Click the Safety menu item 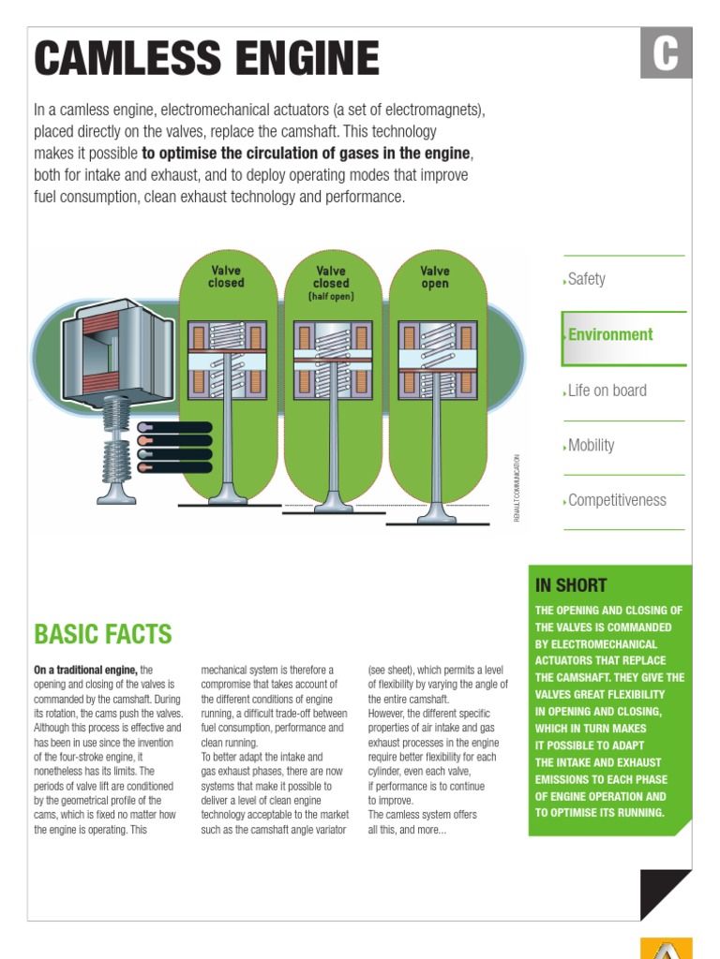tap(587, 279)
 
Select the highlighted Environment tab tap(610, 334)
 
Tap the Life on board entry tap(607, 391)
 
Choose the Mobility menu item tap(591, 445)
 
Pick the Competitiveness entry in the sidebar tap(617, 500)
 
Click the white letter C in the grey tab tap(666, 53)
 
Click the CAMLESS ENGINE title tap(207, 59)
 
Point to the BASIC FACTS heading tap(103, 634)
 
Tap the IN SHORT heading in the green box tap(571, 585)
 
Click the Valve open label tap(434, 277)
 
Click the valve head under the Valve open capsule tap(436, 513)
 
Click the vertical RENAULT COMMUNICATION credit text tap(517, 487)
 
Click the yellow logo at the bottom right tap(666, 948)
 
